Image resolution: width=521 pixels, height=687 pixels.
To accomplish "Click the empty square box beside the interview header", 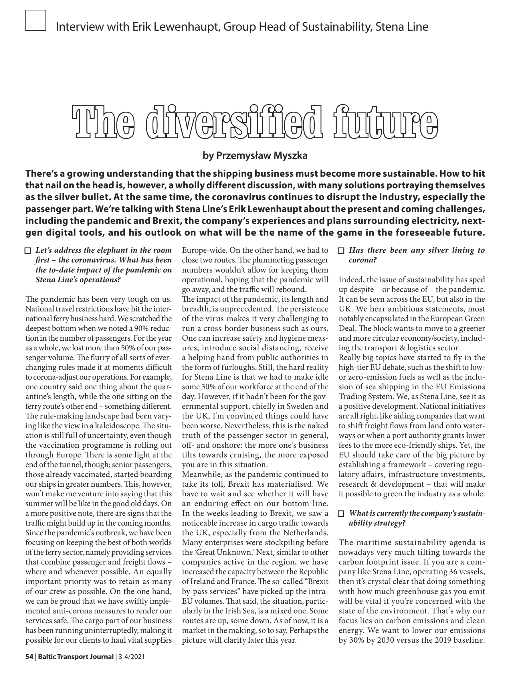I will [x=35, y=21].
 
